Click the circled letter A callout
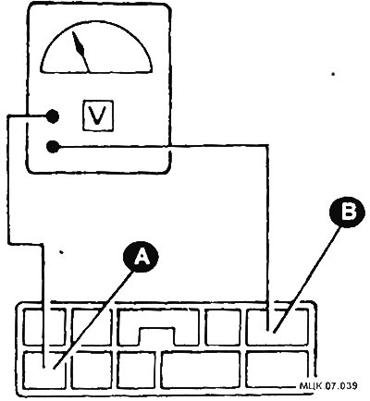pyautogui.click(x=141, y=257)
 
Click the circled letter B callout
pyautogui.click(x=347, y=213)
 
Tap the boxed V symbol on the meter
pyautogui.click(x=98, y=115)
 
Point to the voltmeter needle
pyautogui.click(x=80, y=52)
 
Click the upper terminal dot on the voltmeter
pyautogui.click(x=53, y=116)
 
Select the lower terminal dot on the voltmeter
pyautogui.click(x=53, y=146)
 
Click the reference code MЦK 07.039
pyautogui.click(x=328, y=385)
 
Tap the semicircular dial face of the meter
pyautogui.click(x=96, y=48)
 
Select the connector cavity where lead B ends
pyautogui.click(x=277, y=327)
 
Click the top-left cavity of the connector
pyautogui.click(x=44, y=326)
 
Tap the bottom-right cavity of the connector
pyautogui.click(x=277, y=370)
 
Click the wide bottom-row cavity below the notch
pyautogui.click(x=201, y=370)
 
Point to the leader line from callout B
pyautogui.click(x=308, y=279)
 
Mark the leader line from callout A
pyautogui.click(x=94, y=319)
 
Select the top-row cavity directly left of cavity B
pyautogui.click(x=223, y=327)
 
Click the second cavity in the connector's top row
pyautogui.click(x=92, y=326)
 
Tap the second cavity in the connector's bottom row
pyautogui.click(x=92, y=371)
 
